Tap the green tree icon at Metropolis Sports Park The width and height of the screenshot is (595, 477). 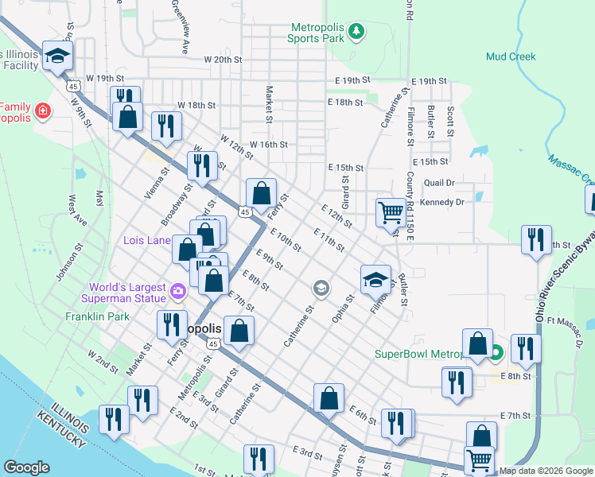click(358, 31)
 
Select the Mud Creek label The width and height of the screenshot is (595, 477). click(511, 56)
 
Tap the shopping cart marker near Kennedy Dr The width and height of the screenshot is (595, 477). click(391, 212)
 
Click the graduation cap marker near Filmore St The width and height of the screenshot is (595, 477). click(376, 279)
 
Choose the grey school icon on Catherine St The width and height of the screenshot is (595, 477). click(321, 288)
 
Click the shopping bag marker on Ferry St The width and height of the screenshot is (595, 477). click(261, 192)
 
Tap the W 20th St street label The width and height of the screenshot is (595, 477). click(223, 60)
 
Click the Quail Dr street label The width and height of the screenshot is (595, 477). click(439, 182)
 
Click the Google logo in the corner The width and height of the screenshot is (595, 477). click(27, 467)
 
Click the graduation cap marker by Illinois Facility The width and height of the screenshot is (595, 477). click(57, 55)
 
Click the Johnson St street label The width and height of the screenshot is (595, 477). click(64, 262)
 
